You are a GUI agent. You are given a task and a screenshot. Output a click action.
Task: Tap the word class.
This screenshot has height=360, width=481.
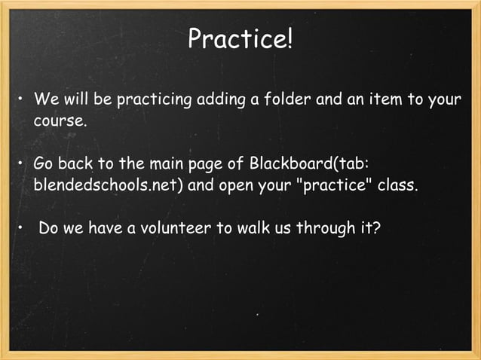point(397,185)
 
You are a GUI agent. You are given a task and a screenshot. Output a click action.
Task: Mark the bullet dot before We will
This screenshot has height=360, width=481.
point(22,101)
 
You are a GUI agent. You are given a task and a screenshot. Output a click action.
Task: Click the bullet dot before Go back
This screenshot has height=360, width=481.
point(22,165)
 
